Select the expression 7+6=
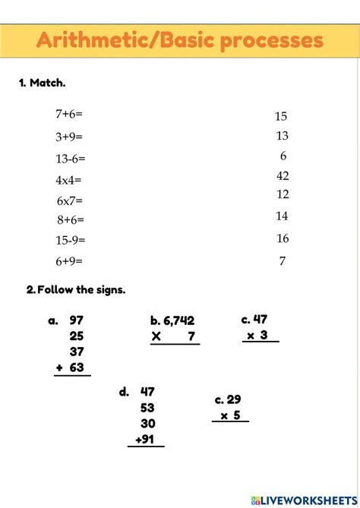[x=68, y=114]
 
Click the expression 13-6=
[x=71, y=158]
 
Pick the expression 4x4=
[x=68, y=180]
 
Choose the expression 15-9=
[x=71, y=240]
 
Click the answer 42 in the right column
[x=282, y=176]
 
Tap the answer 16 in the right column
[x=282, y=238]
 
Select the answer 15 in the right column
[x=281, y=117]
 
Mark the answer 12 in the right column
[x=282, y=195]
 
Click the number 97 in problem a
[x=77, y=320]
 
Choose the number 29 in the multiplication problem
[x=234, y=399]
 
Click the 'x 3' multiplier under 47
[x=260, y=335]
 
